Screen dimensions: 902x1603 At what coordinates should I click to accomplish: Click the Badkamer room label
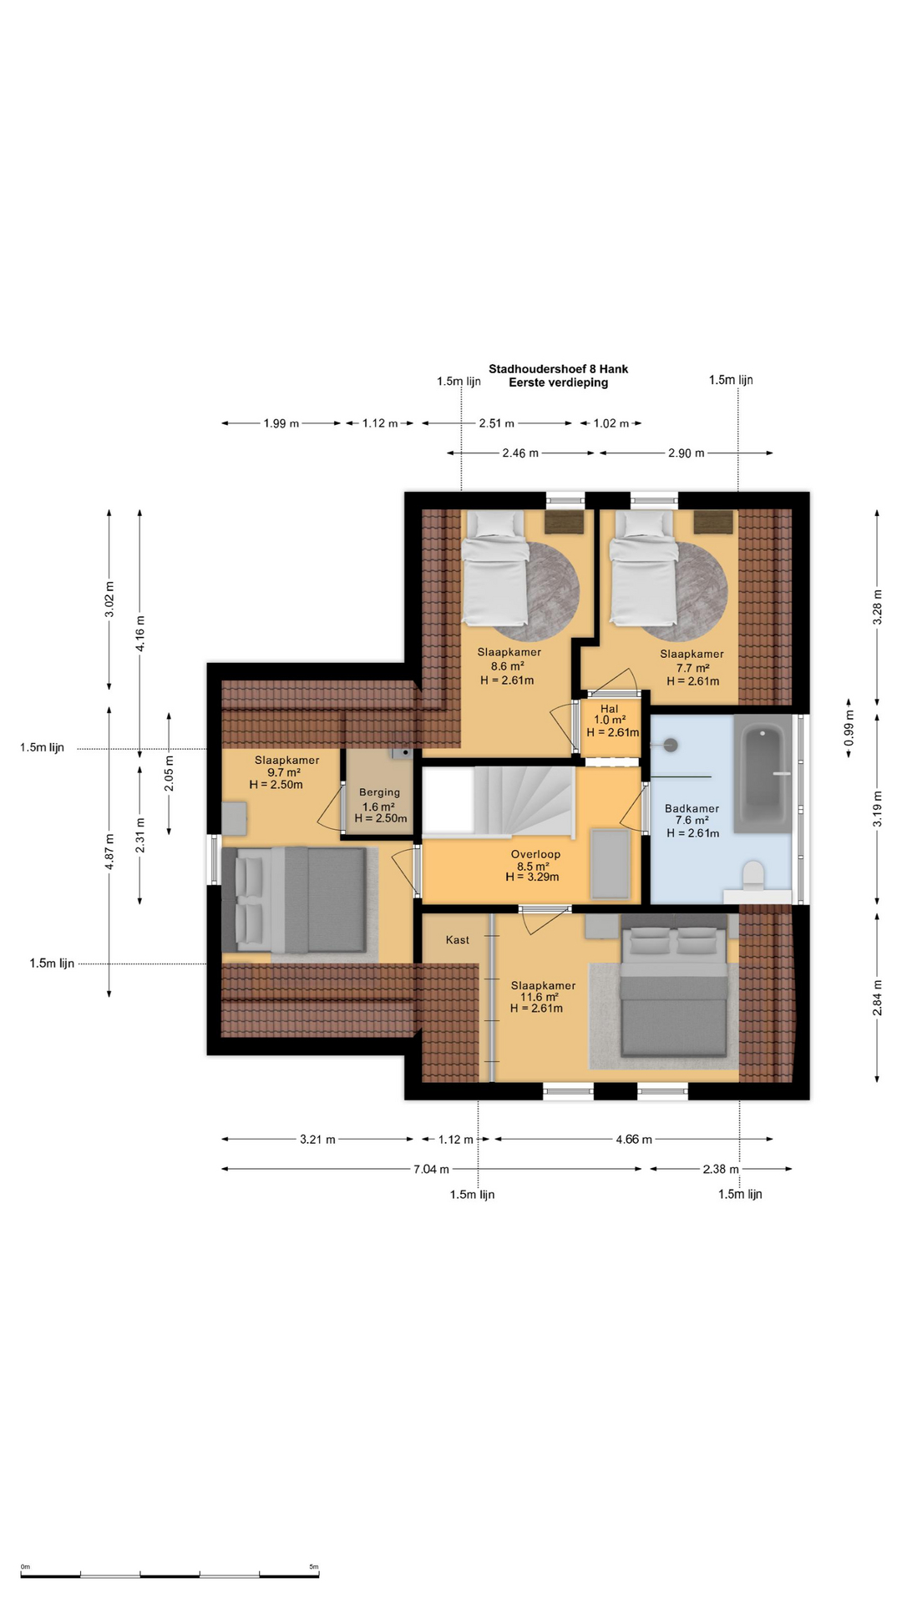tap(692, 808)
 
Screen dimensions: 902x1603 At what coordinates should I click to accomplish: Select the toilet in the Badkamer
tap(753, 875)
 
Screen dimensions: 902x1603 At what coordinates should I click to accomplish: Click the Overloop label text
tap(535, 854)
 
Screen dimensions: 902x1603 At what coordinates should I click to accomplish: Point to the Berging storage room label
tap(380, 792)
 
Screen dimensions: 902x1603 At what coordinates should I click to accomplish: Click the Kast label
tap(458, 940)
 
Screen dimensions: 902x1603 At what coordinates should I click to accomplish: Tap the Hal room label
tap(610, 709)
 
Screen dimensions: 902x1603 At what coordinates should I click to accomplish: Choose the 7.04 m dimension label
tap(431, 1169)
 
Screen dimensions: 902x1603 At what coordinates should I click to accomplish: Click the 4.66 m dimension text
tap(634, 1139)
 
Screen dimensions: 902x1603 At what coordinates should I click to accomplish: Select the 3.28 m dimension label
tap(877, 613)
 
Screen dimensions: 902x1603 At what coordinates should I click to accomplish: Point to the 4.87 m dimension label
tap(109, 852)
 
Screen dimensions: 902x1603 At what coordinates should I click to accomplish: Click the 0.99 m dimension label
tap(849, 727)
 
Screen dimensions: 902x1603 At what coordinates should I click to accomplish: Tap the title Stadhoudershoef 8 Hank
tap(559, 369)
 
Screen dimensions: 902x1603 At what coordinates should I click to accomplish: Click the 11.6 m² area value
tap(540, 997)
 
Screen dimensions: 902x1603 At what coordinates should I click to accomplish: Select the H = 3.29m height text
tap(532, 877)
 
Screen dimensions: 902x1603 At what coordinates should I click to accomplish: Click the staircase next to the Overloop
tap(498, 801)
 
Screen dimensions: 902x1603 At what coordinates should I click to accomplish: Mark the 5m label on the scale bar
tap(314, 1567)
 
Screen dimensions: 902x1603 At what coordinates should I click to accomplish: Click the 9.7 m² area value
tap(284, 772)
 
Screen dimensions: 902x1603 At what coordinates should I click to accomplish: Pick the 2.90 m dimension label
tap(687, 453)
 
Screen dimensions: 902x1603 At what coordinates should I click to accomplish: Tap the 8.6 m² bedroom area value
tap(508, 666)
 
